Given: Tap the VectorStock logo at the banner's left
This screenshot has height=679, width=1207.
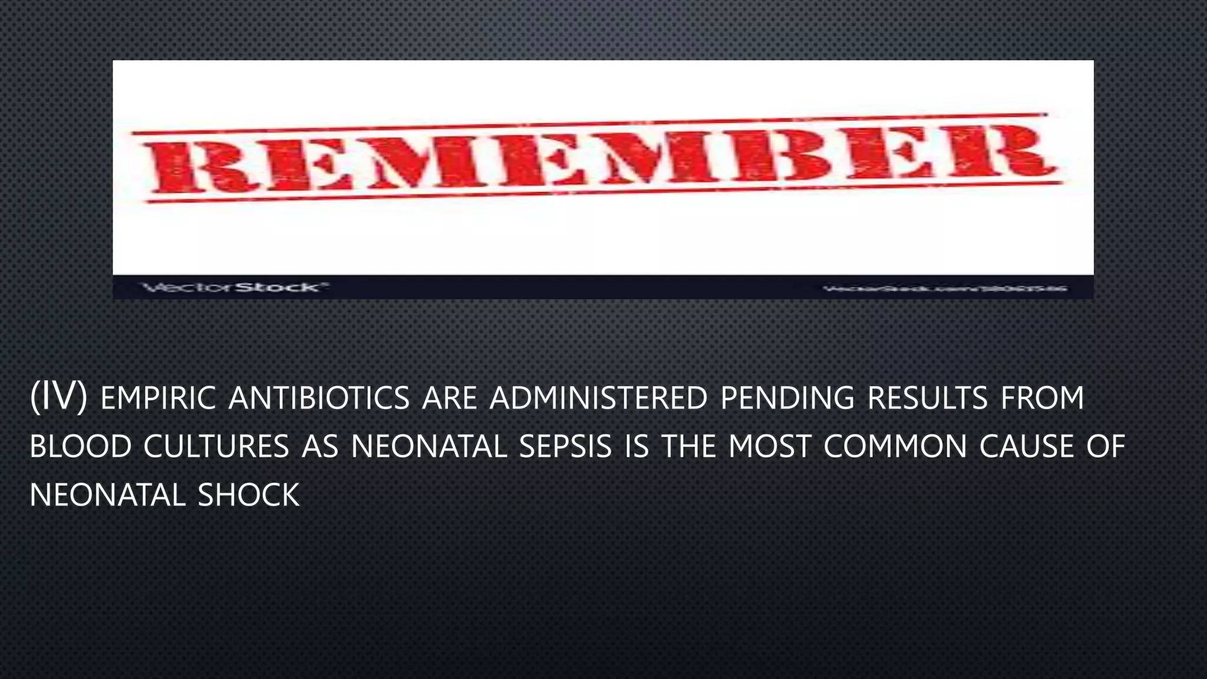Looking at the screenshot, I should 235,287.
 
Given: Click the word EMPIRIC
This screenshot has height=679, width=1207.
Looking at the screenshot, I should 159,398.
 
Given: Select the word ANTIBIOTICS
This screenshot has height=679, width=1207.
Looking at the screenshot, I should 319,398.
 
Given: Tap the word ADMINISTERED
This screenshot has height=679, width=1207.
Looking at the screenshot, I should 598,398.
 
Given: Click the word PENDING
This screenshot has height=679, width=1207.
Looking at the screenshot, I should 787,398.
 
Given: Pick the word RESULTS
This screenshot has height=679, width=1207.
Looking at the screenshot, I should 928,398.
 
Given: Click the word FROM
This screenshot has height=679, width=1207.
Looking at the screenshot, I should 1042,398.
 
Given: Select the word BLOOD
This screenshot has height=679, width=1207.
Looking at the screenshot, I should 81,447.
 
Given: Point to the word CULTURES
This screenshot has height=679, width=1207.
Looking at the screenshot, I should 216,447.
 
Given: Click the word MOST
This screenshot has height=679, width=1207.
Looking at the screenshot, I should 770,447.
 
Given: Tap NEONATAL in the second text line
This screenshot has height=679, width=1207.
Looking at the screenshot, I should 429,447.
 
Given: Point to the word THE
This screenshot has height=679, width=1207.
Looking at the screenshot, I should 688,447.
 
